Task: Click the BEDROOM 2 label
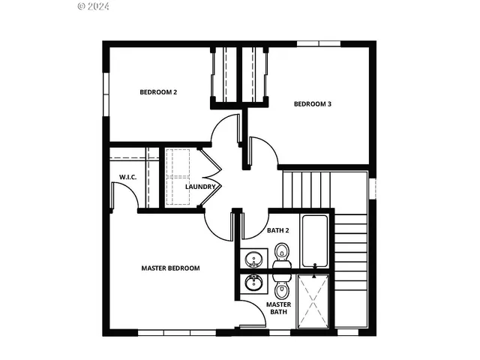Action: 158,92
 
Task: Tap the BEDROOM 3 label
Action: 312,104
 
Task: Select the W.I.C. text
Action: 126,177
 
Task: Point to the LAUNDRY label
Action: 201,187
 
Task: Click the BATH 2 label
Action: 278,230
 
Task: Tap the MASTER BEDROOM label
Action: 171,268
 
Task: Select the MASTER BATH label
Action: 278,309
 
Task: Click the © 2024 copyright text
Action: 93,6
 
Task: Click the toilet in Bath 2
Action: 282,254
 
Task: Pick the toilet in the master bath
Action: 282,289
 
